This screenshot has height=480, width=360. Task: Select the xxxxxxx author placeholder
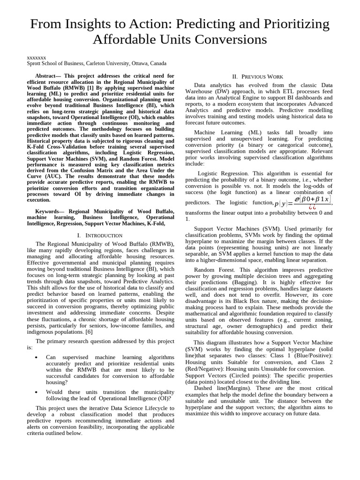click(36, 57)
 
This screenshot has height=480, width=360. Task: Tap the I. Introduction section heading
click(100, 235)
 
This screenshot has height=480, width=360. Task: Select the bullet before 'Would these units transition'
click(36, 392)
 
